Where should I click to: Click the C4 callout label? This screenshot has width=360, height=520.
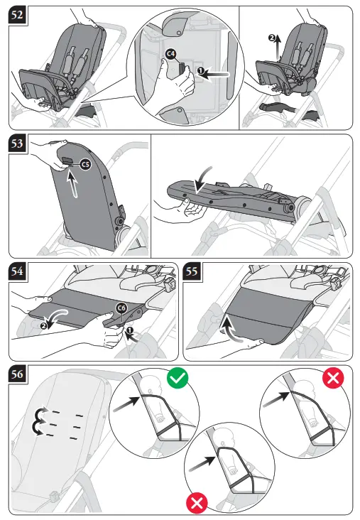point(170,55)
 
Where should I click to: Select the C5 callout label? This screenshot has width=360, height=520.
point(84,165)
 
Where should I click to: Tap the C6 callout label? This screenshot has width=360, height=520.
point(121,308)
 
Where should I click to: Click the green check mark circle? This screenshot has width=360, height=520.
point(178,379)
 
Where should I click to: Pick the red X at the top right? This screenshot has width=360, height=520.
point(332,379)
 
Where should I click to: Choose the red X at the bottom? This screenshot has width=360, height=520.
point(197,504)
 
